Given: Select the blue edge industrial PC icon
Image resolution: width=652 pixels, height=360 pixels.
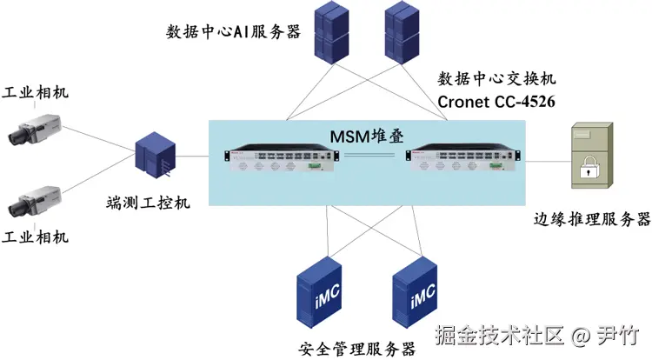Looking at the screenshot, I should point(157,157).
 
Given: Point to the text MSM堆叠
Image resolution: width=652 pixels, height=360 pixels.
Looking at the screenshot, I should point(366,135).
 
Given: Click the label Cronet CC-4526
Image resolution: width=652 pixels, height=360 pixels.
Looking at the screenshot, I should point(496,102).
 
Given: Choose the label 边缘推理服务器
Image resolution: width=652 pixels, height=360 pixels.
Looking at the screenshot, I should point(591,218).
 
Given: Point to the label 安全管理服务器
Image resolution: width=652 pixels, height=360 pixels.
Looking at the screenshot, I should point(356,349).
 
